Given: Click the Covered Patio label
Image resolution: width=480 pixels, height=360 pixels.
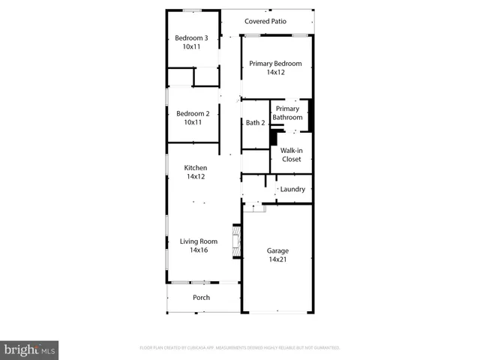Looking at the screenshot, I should (265, 22).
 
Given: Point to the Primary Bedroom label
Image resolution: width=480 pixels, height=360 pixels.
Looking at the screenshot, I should (276, 64).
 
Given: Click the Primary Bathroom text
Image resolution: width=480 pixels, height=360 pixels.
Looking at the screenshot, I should (287, 113).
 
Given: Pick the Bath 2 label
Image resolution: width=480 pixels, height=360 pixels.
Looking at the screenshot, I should (255, 123).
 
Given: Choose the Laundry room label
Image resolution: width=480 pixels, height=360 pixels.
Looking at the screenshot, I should (292, 190).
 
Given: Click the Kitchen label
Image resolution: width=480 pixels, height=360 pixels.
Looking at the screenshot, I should (196, 168).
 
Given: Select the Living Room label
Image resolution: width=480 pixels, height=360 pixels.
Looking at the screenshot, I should (198, 241).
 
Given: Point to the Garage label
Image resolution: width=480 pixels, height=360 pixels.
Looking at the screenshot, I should (277, 250).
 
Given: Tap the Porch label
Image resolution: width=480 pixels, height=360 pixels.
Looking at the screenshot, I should (201, 298).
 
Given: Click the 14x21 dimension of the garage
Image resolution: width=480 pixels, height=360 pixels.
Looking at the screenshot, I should (277, 259).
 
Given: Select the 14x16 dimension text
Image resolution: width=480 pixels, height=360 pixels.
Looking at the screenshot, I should (198, 250).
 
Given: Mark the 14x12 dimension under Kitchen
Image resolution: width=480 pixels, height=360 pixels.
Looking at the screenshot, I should (196, 177).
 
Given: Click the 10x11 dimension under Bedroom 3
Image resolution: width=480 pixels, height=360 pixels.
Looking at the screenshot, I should (192, 46).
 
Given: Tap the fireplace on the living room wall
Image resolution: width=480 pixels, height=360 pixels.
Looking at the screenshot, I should (237, 242).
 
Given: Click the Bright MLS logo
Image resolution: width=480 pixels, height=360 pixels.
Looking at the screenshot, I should (30, 350).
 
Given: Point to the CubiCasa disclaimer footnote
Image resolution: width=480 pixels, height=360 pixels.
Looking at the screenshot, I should (240, 348).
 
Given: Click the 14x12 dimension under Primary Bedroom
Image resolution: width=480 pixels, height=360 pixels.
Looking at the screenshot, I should (276, 73).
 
